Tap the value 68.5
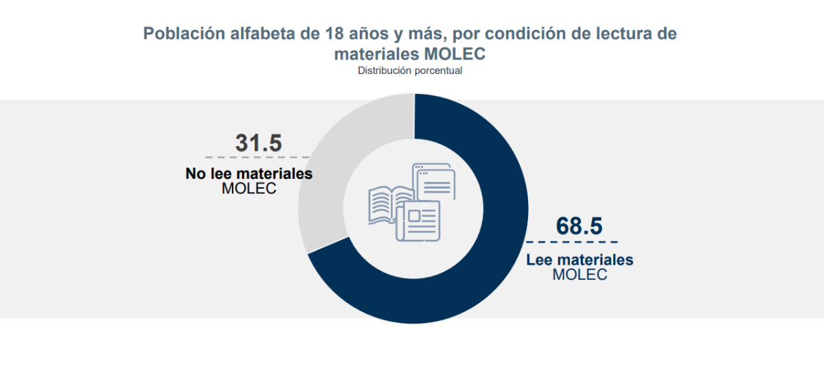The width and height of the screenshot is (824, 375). pos(579,226)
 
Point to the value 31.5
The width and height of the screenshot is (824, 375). pos(259,143)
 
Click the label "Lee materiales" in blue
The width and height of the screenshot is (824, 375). pos(580,261)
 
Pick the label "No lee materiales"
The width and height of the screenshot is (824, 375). pos(249,174)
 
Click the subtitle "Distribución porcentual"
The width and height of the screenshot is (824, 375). pos(410,71)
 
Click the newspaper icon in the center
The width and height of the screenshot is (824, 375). pos(420,221)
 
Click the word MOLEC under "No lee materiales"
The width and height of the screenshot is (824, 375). pos(249,189)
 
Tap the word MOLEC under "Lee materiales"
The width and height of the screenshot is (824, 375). pos(580,275)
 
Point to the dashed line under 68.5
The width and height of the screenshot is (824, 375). pos(572,242)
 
